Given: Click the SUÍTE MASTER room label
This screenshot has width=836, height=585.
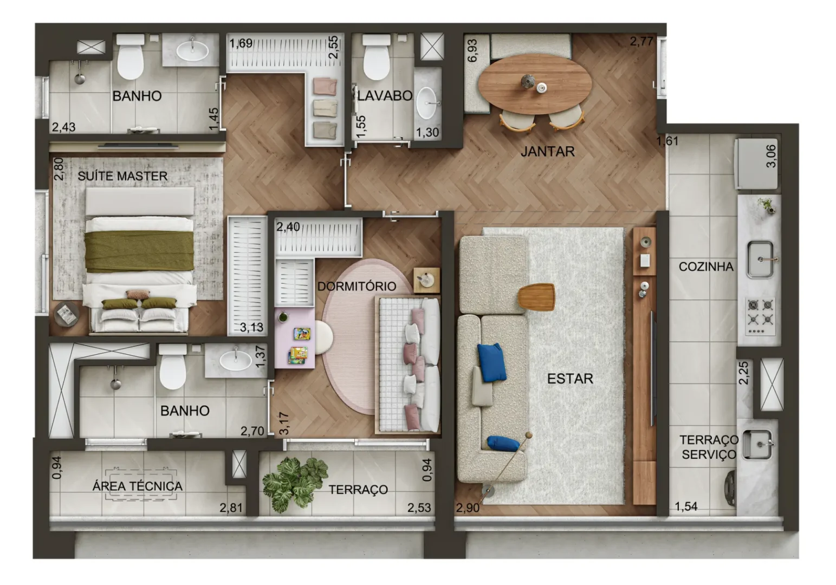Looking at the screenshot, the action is (122, 175).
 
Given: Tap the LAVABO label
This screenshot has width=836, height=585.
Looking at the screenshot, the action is (385, 96).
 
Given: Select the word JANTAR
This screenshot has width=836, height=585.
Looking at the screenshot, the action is (548, 152).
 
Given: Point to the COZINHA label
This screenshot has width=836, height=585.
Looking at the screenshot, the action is (706, 266).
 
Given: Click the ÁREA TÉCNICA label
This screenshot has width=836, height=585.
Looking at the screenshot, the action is (138, 486).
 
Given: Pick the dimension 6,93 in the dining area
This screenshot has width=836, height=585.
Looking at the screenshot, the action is (472, 51).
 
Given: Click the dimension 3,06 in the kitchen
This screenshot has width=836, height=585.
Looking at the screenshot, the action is (770, 156).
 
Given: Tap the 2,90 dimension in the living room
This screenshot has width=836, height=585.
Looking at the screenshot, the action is (468, 508).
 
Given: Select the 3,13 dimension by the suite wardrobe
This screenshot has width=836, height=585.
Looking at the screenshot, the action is (251, 327).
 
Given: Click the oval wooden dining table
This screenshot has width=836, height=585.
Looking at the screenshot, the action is (534, 84).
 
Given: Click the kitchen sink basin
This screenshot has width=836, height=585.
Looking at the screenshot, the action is (760, 259).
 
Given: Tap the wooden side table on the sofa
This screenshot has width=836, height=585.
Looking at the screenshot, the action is (536, 297).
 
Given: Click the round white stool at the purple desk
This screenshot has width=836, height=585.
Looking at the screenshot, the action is (323, 337).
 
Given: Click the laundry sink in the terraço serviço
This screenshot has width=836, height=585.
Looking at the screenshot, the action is (756, 444).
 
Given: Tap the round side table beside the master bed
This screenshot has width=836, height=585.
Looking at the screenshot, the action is (67, 314).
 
